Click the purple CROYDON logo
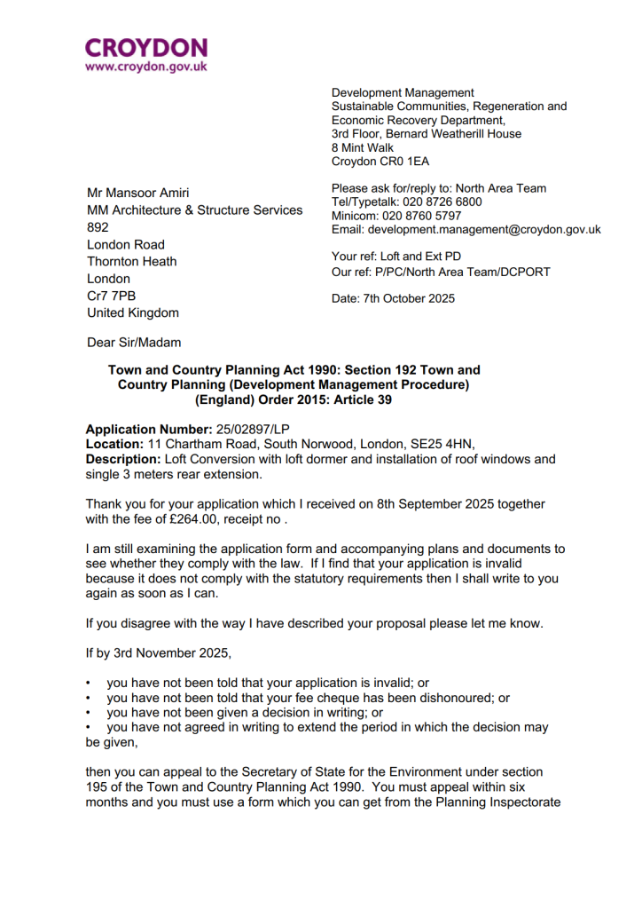coord(146,47)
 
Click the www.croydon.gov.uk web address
coord(146,67)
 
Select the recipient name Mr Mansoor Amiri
coord(137,193)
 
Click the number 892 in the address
coord(98,227)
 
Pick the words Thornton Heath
coord(131,261)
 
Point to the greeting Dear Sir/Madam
coord(132,342)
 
